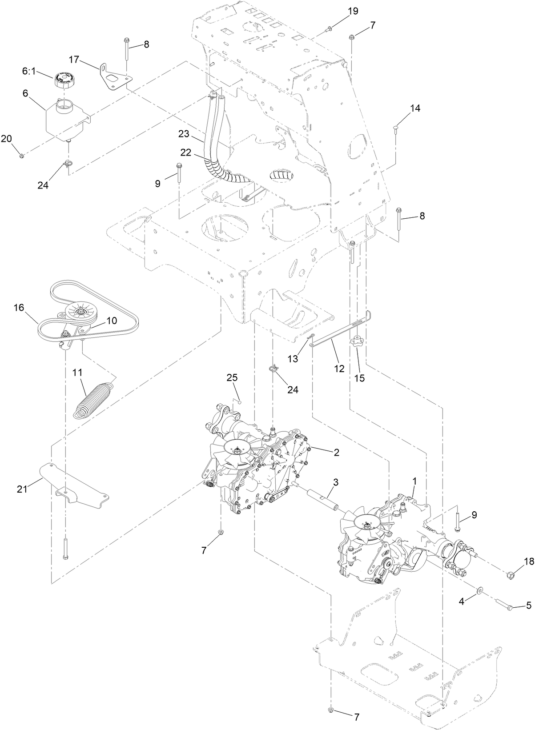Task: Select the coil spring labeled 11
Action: tap(95, 400)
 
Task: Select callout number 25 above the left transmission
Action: tap(232, 378)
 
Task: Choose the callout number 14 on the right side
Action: tap(415, 108)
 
